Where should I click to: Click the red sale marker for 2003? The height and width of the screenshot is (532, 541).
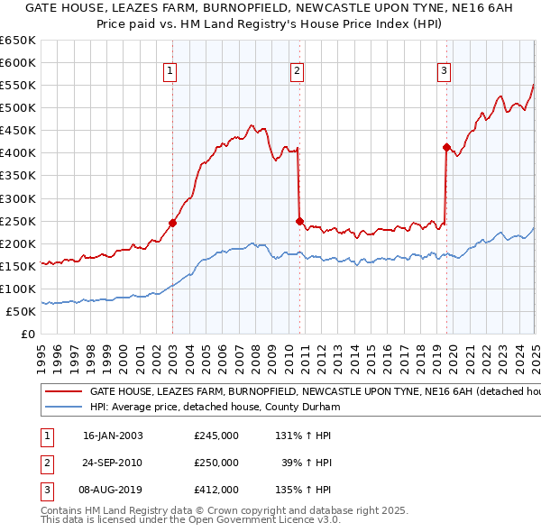pyautogui.click(x=172, y=223)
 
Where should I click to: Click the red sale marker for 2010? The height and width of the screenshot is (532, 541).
pyautogui.click(x=299, y=220)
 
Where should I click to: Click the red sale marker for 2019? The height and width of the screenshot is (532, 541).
pyautogui.click(x=446, y=147)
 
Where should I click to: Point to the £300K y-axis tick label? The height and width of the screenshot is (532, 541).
pyautogui.click(x=17, y=198)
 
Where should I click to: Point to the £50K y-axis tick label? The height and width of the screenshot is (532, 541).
pyautogui.click(x=21, y=311)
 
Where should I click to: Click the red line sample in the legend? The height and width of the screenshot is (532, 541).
pyautogui.click(x=63, y=392)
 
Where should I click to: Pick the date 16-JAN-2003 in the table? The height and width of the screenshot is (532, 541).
pyautogui.click(x=113, y=436)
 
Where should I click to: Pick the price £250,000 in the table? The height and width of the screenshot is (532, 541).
pyautogui.click(x=216, y=463)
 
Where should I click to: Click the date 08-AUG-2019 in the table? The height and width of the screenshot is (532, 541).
pyautogui.click(x=113, y=490)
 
